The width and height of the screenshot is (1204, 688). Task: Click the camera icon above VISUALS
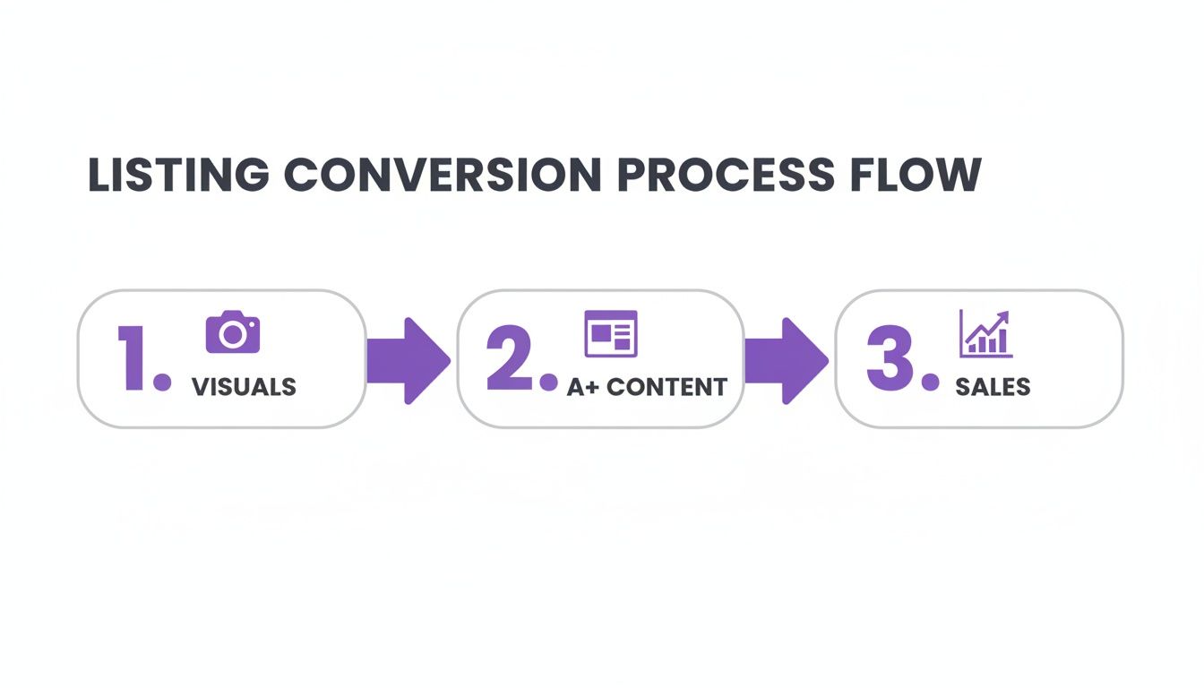click(x=233, y=332)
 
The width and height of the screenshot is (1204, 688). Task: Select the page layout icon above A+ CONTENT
click(x=610, y=333)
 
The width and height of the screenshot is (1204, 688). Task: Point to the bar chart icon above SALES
click(x=985, y=333)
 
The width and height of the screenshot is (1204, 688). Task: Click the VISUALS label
click(x=244, y=387)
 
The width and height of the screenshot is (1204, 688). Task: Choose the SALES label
click(x=993, y=387)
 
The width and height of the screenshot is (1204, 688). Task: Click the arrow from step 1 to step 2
click(x=408, y=360)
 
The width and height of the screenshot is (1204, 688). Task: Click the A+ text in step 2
click(x=583, y=387)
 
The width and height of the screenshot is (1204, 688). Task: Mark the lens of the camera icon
click(x=233, y=335)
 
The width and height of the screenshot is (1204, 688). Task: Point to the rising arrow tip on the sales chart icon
click(x=1004, y=315)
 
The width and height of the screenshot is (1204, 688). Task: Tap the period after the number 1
click(x=162, y=383)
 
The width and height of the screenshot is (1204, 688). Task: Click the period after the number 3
click(x=931, y=383)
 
